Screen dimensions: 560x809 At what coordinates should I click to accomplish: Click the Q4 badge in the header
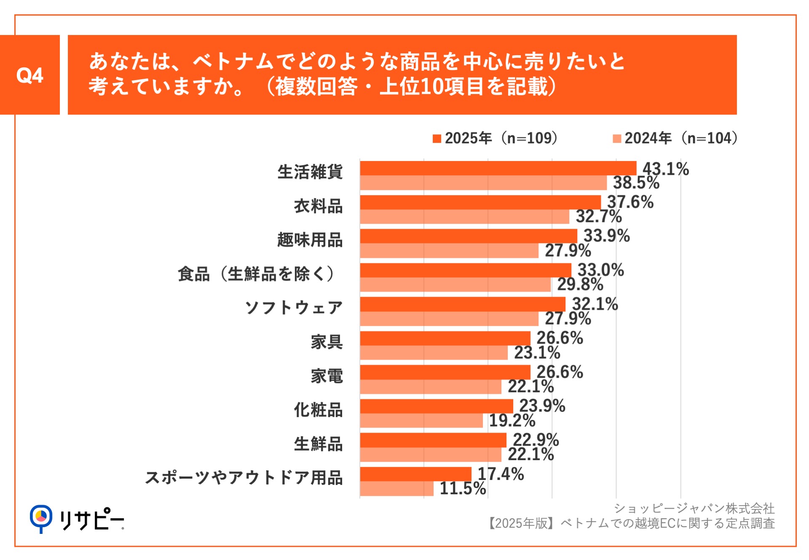[x=29, y=75]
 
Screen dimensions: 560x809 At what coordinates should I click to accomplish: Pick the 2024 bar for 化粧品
[x=421, y=421]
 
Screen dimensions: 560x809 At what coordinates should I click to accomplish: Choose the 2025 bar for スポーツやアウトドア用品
[x=415, y=474]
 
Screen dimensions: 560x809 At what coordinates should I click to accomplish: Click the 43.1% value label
[x=666, y=169]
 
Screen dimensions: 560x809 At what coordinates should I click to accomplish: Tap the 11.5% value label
[x=463, y=488]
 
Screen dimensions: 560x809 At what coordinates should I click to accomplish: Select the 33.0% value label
[x=600, y=270]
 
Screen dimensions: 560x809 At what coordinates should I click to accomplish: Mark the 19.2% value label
[x=512, y=421]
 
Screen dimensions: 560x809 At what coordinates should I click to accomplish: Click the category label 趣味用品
[x=310, y=240]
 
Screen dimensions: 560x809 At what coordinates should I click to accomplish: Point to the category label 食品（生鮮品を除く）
[x=256, y=274]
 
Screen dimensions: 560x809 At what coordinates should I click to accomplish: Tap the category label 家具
[x=327, y=342]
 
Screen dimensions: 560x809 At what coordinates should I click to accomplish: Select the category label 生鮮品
[x=318, y=444]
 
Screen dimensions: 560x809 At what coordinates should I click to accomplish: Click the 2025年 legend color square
[x=437, y=139]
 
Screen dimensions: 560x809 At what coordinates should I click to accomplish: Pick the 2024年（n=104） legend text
[x=681, y=138]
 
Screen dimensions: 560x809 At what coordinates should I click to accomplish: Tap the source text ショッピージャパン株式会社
[x=694, y=509]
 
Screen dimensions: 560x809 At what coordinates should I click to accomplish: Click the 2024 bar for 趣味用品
[x=449, y=251]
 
